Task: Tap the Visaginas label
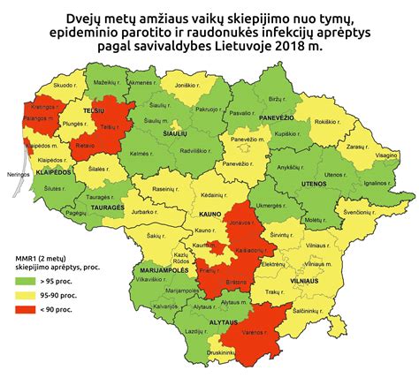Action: pos(387,154)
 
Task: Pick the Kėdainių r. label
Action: pos(217,192)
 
